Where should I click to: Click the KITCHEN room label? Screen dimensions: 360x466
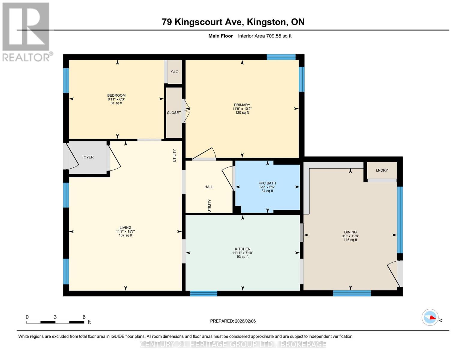[242, 249]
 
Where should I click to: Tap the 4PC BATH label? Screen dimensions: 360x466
[267, 183]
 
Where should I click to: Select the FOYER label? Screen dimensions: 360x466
[88, 157]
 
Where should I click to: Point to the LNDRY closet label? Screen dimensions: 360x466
[382, 170]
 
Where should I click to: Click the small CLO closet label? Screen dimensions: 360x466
[175, 72]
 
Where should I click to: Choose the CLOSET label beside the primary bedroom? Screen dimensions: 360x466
[174, 113]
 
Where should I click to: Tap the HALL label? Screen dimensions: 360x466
[209, 187]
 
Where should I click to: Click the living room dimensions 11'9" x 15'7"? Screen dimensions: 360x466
[125, 232]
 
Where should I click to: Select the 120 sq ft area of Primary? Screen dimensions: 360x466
[242, 113]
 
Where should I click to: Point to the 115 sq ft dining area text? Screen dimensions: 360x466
[350, 240]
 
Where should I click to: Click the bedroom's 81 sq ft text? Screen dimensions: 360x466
[116, 103]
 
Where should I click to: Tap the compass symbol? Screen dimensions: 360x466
[430, 317]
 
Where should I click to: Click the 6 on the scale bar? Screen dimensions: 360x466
[84, 317]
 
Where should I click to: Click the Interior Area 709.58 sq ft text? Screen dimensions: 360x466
[265, 36]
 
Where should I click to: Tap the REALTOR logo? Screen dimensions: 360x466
[26, 31]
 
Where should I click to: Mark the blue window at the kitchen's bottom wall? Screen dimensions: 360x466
[203, 293]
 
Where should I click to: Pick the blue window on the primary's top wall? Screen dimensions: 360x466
[281, 57]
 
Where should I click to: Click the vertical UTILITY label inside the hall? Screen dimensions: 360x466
[209, 206]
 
